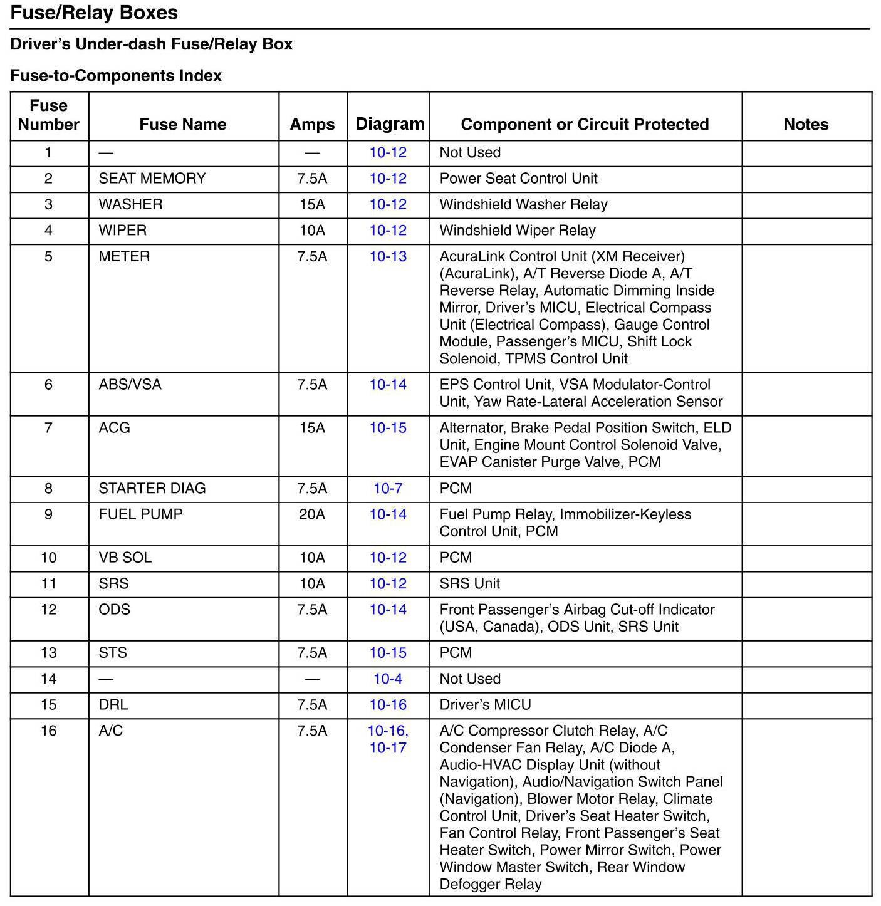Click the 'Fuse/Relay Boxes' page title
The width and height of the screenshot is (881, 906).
(94, 13)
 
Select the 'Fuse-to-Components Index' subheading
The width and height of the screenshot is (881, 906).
(116, 76)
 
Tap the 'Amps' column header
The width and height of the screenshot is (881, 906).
(312, 124)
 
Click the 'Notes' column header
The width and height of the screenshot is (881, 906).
(806, 124)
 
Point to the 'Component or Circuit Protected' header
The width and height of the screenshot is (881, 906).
(585, 124)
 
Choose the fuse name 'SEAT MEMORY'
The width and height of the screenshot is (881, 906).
(152, 179)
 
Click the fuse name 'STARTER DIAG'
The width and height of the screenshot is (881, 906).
(152, 488)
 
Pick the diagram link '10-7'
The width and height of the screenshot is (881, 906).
(388, 488)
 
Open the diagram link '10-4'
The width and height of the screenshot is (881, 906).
(388, 679)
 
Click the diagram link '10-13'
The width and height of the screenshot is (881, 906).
(388, 256)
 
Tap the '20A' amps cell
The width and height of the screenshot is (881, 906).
(312, 514)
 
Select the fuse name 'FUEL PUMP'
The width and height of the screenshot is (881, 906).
(141, 514)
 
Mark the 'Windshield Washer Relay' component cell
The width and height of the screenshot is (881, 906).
(523, 204)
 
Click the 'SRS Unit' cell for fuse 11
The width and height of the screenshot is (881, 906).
(469, 583)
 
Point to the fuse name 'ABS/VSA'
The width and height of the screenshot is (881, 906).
(130, 385)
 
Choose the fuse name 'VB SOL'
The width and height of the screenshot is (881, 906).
(125, 558)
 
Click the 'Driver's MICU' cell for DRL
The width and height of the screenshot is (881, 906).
(485, 705)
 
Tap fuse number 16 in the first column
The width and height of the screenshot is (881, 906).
(48, 731)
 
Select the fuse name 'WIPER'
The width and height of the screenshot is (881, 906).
(123, 231)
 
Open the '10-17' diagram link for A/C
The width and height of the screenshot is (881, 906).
(388, 747)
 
